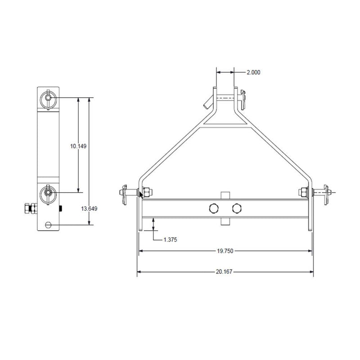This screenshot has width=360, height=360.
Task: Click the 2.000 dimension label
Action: tap(253, 72)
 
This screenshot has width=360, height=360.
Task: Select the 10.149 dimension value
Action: tap(78, 146)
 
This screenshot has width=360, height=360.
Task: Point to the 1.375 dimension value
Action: tap(170, 240)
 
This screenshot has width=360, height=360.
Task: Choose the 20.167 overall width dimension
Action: tap(225, 272)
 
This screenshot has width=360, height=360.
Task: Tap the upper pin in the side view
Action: tap(48, 97)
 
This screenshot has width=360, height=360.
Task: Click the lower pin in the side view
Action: tap(48, 193)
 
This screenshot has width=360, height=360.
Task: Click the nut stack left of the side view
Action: tap(32, 208)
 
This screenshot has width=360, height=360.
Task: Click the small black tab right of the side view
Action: tap(61, 208)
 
